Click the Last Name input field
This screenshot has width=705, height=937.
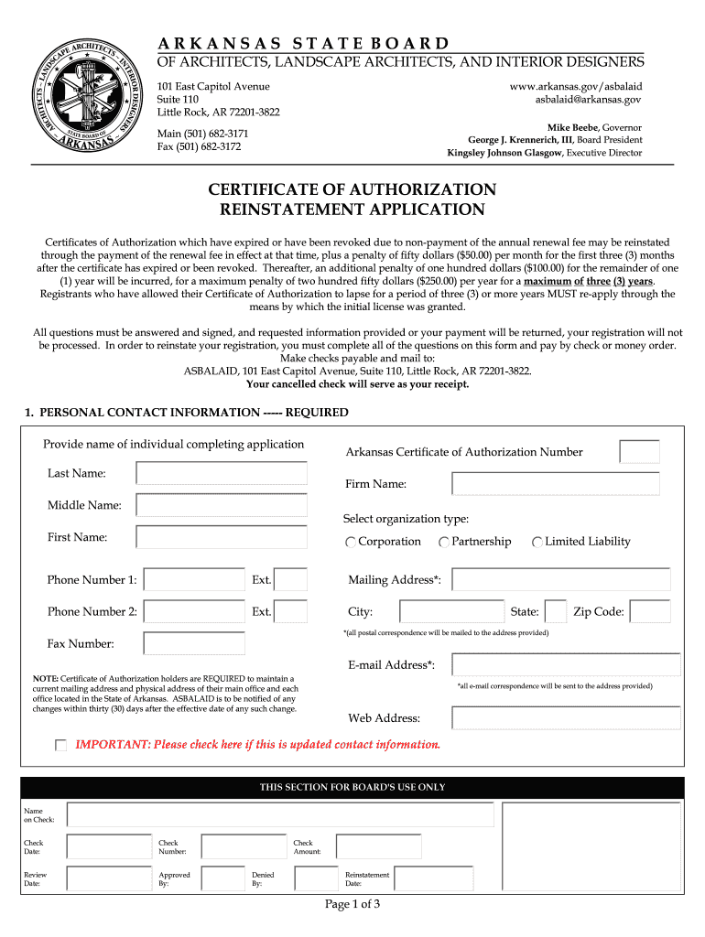(x=222, y=473)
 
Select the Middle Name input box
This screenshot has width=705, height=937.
(x=222, y=505)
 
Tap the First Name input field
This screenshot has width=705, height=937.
(x=222, y=537)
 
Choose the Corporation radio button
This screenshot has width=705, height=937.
(x=351, y=543)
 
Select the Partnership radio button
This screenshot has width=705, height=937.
(x=444, y=543)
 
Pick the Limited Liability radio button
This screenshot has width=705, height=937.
(x=537, y=543)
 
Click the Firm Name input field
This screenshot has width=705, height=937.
(x=561, y=484)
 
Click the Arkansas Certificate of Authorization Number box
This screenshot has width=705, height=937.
(x=639, y=452)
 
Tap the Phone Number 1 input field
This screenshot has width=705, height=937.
(x=195, y=580)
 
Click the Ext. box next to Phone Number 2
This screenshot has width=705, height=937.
(x=291, y=611)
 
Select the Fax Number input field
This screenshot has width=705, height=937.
(x=195, y=643)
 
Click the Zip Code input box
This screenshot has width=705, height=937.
(x=650, y=611)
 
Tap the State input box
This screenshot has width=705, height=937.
(x=555, y=611)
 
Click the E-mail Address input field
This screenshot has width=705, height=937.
(x=566, y=664)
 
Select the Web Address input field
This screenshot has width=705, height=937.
(x=566, y=717)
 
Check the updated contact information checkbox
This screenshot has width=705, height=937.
(x=60, y=746)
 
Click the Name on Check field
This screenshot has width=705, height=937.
(x=280, y=814)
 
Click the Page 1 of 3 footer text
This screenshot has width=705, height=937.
(x=352, y=905)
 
